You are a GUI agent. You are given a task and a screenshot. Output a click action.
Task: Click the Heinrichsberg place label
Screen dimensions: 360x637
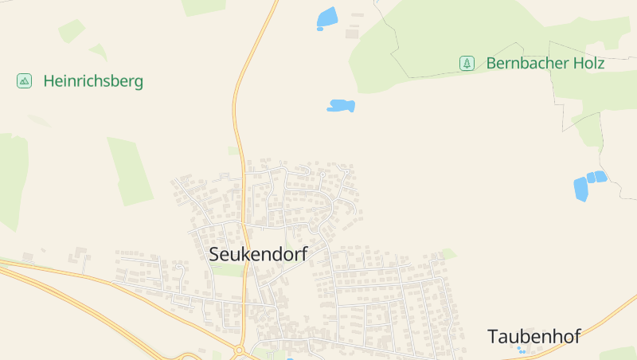point(93,80)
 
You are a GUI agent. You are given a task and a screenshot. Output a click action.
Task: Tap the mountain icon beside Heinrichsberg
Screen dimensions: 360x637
point(25,80)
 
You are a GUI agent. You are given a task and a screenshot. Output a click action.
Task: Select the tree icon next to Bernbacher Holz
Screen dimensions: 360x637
point(467,63)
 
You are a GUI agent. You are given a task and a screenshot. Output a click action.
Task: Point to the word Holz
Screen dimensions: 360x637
point(586,63)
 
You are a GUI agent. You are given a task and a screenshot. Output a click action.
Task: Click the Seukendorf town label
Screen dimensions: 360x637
point(257,254)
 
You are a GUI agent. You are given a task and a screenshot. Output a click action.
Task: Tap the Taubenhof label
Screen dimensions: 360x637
point(533,336)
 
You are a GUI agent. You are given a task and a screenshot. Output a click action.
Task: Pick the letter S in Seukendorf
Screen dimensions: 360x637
point(214,254)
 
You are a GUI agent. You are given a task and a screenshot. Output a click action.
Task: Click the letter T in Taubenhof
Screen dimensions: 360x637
point(494,336)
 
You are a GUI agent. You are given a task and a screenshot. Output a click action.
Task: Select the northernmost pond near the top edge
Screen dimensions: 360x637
point(326,18)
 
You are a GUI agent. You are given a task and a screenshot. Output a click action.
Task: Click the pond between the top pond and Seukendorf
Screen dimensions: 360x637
point(340,105)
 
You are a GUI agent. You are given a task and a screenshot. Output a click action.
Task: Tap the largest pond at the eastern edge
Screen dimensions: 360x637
point(580,190)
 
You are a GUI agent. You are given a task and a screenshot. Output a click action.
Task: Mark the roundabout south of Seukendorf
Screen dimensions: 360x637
point(239,350)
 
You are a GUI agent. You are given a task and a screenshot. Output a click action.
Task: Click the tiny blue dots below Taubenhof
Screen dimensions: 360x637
point(521,350)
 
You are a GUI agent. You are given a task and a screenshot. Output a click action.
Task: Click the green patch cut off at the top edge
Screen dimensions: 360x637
point(203,6)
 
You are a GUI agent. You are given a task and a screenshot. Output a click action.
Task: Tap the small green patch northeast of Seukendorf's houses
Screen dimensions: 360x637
point(448,254)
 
